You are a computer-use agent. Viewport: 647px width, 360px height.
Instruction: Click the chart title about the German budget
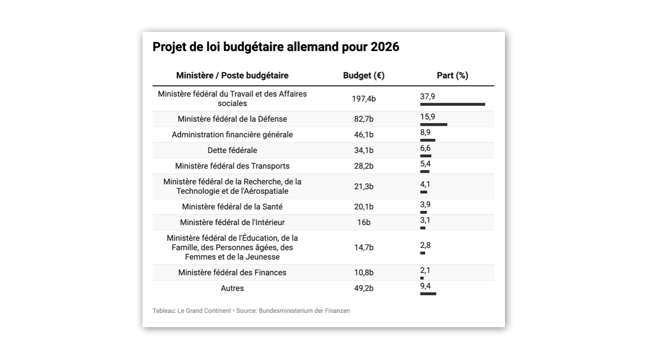(x=276, y=47)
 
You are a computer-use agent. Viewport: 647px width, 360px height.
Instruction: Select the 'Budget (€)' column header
(x=363, y=75)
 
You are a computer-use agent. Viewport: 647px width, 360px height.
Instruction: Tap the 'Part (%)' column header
(x=452, y=75)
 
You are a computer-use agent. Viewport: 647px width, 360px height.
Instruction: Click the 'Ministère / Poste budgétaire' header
(x=232, y=75)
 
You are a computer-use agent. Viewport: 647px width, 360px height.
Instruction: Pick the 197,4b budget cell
(x=363, y=99)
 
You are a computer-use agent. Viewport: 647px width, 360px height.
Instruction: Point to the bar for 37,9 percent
(x=452, y=104)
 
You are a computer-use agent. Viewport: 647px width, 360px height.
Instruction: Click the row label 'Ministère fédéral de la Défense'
(x=232, y=119)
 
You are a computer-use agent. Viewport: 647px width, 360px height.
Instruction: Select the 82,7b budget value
(x=363, y=119)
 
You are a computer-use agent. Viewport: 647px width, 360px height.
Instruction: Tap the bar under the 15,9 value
(x=434, y=124)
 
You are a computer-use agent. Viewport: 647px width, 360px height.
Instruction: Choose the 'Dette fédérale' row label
(x=232, y=150)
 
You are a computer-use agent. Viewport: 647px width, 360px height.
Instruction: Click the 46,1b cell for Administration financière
(x=363, y=135)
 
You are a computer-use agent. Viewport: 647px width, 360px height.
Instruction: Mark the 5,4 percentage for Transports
(x=425, y=164)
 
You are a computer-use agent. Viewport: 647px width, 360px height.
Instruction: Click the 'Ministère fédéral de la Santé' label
(x=232, y=207)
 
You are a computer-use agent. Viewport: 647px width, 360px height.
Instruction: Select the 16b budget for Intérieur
(x=363, y=223)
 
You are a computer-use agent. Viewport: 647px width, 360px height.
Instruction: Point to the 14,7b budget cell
(x=363, y=247)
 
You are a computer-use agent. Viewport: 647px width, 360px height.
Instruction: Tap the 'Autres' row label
(x=232, y=288)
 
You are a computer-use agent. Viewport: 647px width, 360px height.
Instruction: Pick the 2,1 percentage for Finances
(x=425, y=270)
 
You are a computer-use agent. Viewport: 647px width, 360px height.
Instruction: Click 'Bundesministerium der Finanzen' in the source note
(x=304, y=311)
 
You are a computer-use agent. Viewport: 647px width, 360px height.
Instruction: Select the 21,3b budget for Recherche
(x=363, y=187)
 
